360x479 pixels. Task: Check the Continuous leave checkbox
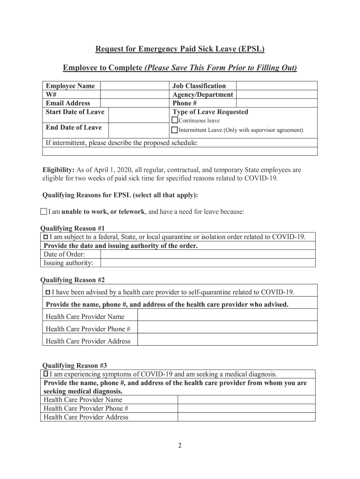175,121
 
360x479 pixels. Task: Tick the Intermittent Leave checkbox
174,130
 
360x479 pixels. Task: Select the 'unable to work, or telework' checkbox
44,211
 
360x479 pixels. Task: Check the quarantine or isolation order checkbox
46,237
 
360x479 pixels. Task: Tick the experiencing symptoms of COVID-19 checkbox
46,374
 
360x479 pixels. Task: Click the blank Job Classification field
276,86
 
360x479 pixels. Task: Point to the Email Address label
68,103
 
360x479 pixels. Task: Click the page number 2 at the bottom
180,445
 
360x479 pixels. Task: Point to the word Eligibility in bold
58,170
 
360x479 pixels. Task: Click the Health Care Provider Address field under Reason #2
227,341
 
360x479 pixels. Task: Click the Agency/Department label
202,94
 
